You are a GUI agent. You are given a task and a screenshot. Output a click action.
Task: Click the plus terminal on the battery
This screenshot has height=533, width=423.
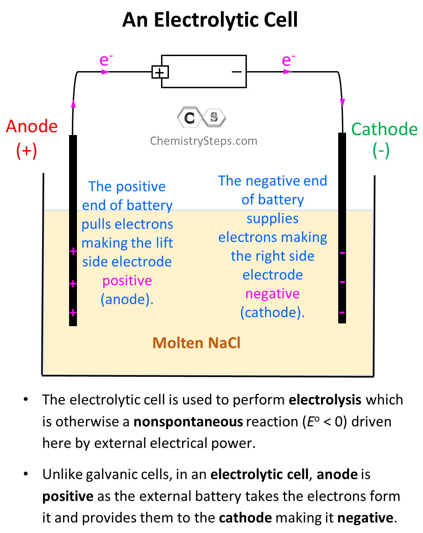pyautogui.click(x=159, y=72)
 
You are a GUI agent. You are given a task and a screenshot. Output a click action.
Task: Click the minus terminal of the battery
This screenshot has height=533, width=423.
pyautogui.click(x=237, y=72)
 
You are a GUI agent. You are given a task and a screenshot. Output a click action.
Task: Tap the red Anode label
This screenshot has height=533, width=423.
pyautogui.click(x=32, y=126)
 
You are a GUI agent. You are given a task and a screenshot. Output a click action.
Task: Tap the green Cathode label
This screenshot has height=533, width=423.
pyautogui.click(x=384, y=129)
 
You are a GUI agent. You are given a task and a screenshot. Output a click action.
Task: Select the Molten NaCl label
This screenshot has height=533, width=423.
pyautogui.click(x=196, y=343)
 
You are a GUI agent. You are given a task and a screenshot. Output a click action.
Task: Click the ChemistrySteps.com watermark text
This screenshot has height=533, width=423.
pyautogui.click(x=203, y=141)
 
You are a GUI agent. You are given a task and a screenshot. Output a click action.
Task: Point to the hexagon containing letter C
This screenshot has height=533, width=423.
pyautogui.click(x=189, y=118)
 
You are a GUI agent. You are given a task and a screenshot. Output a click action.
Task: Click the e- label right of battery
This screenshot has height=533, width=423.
pyautogui.click(x=288, y=60)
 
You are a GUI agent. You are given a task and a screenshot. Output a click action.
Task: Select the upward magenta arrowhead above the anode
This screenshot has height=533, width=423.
pyautogui.click(x=73, y=104)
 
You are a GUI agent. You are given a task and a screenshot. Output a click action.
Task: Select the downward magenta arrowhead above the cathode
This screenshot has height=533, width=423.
pyautogui.click(x=342, y=102)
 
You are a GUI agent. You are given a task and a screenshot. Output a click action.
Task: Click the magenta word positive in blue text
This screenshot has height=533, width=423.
pyautogui.click(x=127, y=281)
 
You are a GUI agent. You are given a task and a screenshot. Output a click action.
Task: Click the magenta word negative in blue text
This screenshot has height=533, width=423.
pyautogui.click(x=273, y=294)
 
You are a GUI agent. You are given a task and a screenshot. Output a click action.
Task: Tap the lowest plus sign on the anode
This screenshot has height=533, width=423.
pyautogui.click(x=73, y=312)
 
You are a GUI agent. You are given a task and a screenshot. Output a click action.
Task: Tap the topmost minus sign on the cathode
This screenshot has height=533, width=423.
pyautogui.click(x=342, y=253)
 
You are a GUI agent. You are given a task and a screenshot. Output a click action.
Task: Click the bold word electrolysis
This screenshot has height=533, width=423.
pyautogui.click(x=325, y=400)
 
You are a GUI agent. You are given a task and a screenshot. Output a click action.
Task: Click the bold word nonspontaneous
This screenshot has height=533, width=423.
pyautogui.click(x=188, y=422)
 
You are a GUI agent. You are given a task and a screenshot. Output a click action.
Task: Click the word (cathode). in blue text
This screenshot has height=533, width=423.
pyautogui.click(x=273, y=312)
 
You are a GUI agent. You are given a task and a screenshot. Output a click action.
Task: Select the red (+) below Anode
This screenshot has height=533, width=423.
pyautogui.click(x=27, y=150)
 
